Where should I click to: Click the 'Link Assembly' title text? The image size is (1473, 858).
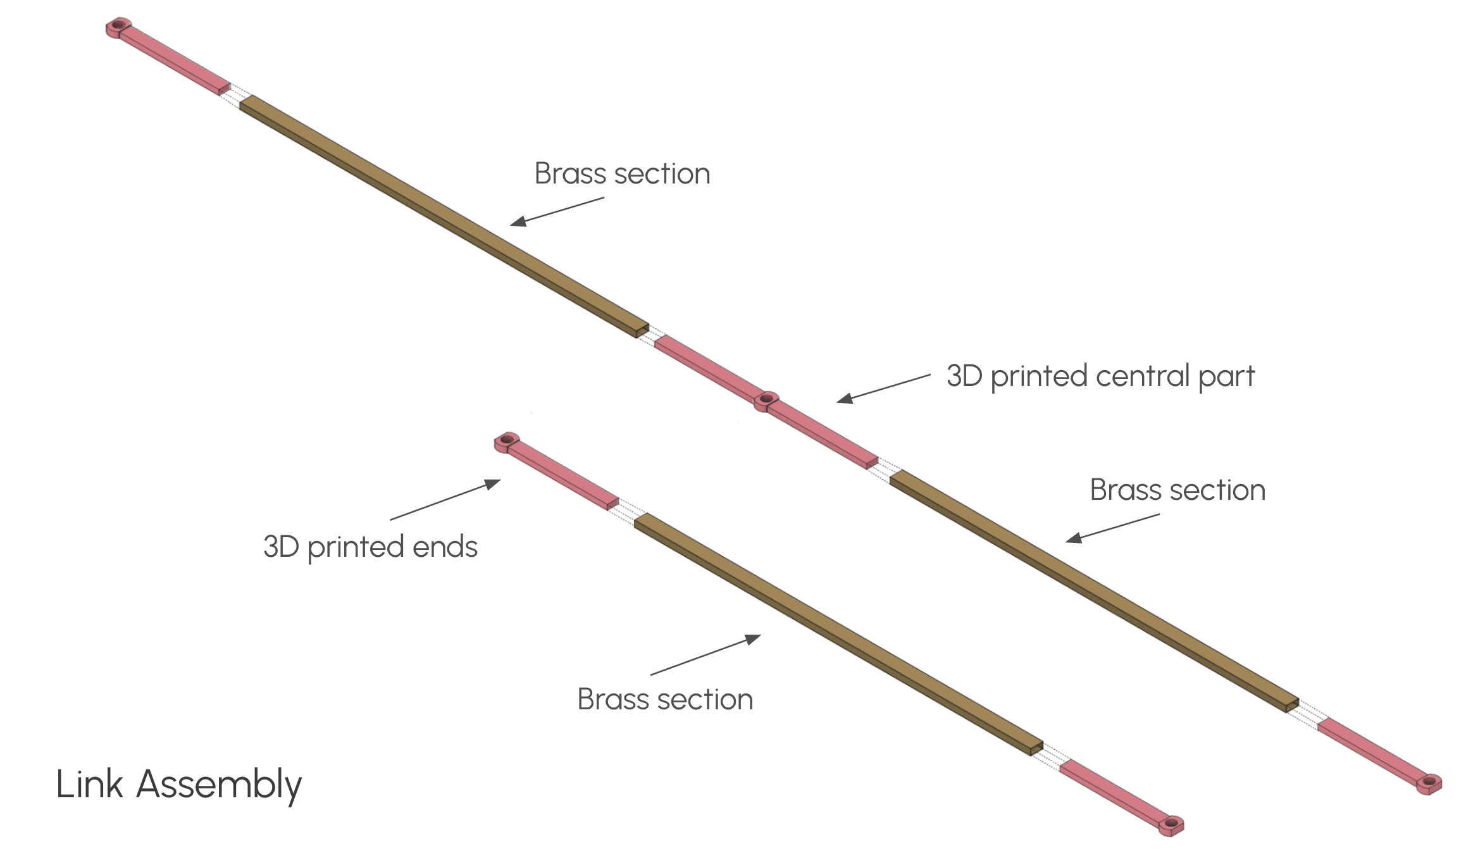coord(179,785)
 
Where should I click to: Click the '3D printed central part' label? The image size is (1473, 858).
coord(1100,376)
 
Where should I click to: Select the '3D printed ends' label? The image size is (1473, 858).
coord(370,547)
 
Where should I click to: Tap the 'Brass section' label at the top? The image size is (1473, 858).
coord(622,174)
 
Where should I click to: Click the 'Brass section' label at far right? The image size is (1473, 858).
coord(1178,490)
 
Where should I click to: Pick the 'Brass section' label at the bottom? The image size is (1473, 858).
coord(665,700)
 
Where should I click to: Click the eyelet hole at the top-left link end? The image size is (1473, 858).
coord(118,25)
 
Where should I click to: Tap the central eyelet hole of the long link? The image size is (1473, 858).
coord(766,399)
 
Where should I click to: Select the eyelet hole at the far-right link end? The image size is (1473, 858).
coord(1429,781)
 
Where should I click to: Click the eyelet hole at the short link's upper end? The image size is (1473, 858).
coord(506,439)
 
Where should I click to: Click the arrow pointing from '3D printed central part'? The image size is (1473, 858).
coord(883,387)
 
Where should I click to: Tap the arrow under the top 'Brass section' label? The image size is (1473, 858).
coord(557,211)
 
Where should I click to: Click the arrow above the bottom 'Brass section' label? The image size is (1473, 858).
coord(705,655)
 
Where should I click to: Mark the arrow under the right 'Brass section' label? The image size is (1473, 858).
coord(1112,528)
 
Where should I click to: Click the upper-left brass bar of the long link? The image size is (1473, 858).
coord(443,215)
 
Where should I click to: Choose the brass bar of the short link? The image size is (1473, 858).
coord(835,633)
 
